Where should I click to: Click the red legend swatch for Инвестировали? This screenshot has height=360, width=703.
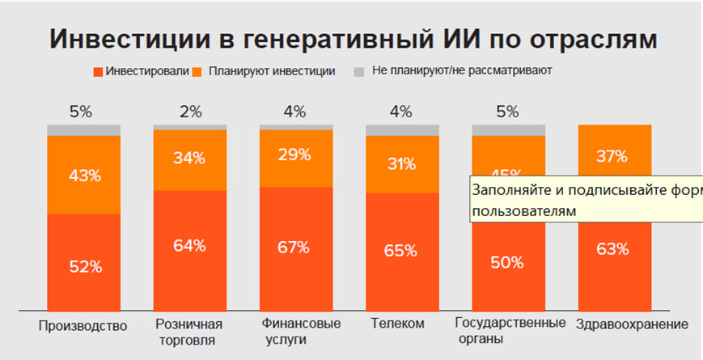100,71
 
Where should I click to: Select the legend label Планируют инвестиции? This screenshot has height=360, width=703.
271,71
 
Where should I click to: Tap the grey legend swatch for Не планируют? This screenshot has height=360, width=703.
360,71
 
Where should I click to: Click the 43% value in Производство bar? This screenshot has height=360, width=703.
84,176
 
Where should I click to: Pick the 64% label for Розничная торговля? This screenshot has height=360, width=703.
190,246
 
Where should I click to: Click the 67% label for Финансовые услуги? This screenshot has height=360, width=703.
296,246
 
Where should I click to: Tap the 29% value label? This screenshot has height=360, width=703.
296,155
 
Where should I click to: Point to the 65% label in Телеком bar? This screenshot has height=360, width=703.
402,251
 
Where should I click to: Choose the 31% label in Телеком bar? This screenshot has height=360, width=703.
402,163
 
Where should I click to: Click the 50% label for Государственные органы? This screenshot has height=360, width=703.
508,263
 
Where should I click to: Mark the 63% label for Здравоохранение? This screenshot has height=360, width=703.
614,248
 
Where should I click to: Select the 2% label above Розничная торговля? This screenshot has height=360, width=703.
190,112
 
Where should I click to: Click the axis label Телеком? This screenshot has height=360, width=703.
397,324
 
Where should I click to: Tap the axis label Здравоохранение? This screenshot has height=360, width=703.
632,324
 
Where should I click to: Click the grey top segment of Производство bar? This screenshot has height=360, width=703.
84,130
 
